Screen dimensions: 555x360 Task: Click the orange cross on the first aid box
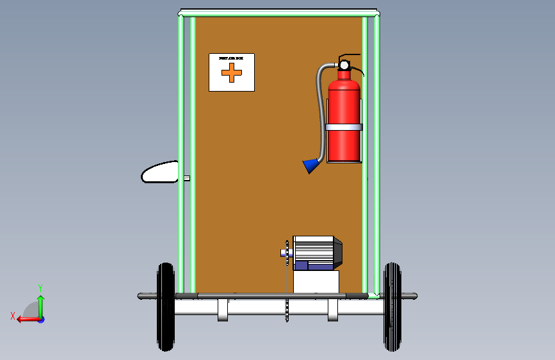coord(232,73)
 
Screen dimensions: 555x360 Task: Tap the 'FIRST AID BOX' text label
coord(231,58)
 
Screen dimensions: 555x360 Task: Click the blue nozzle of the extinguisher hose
coord(311,166)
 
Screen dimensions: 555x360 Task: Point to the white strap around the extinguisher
coord(344,127)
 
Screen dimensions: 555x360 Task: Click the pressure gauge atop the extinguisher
coord(344,65)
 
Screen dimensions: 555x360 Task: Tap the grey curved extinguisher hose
coord(318,109)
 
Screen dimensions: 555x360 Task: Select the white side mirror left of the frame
coord(160,172)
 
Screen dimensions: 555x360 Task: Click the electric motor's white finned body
coord(313,249)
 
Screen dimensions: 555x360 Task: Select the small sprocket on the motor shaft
coord(287,252)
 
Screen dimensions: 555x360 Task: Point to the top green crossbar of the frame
coord(278,13)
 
